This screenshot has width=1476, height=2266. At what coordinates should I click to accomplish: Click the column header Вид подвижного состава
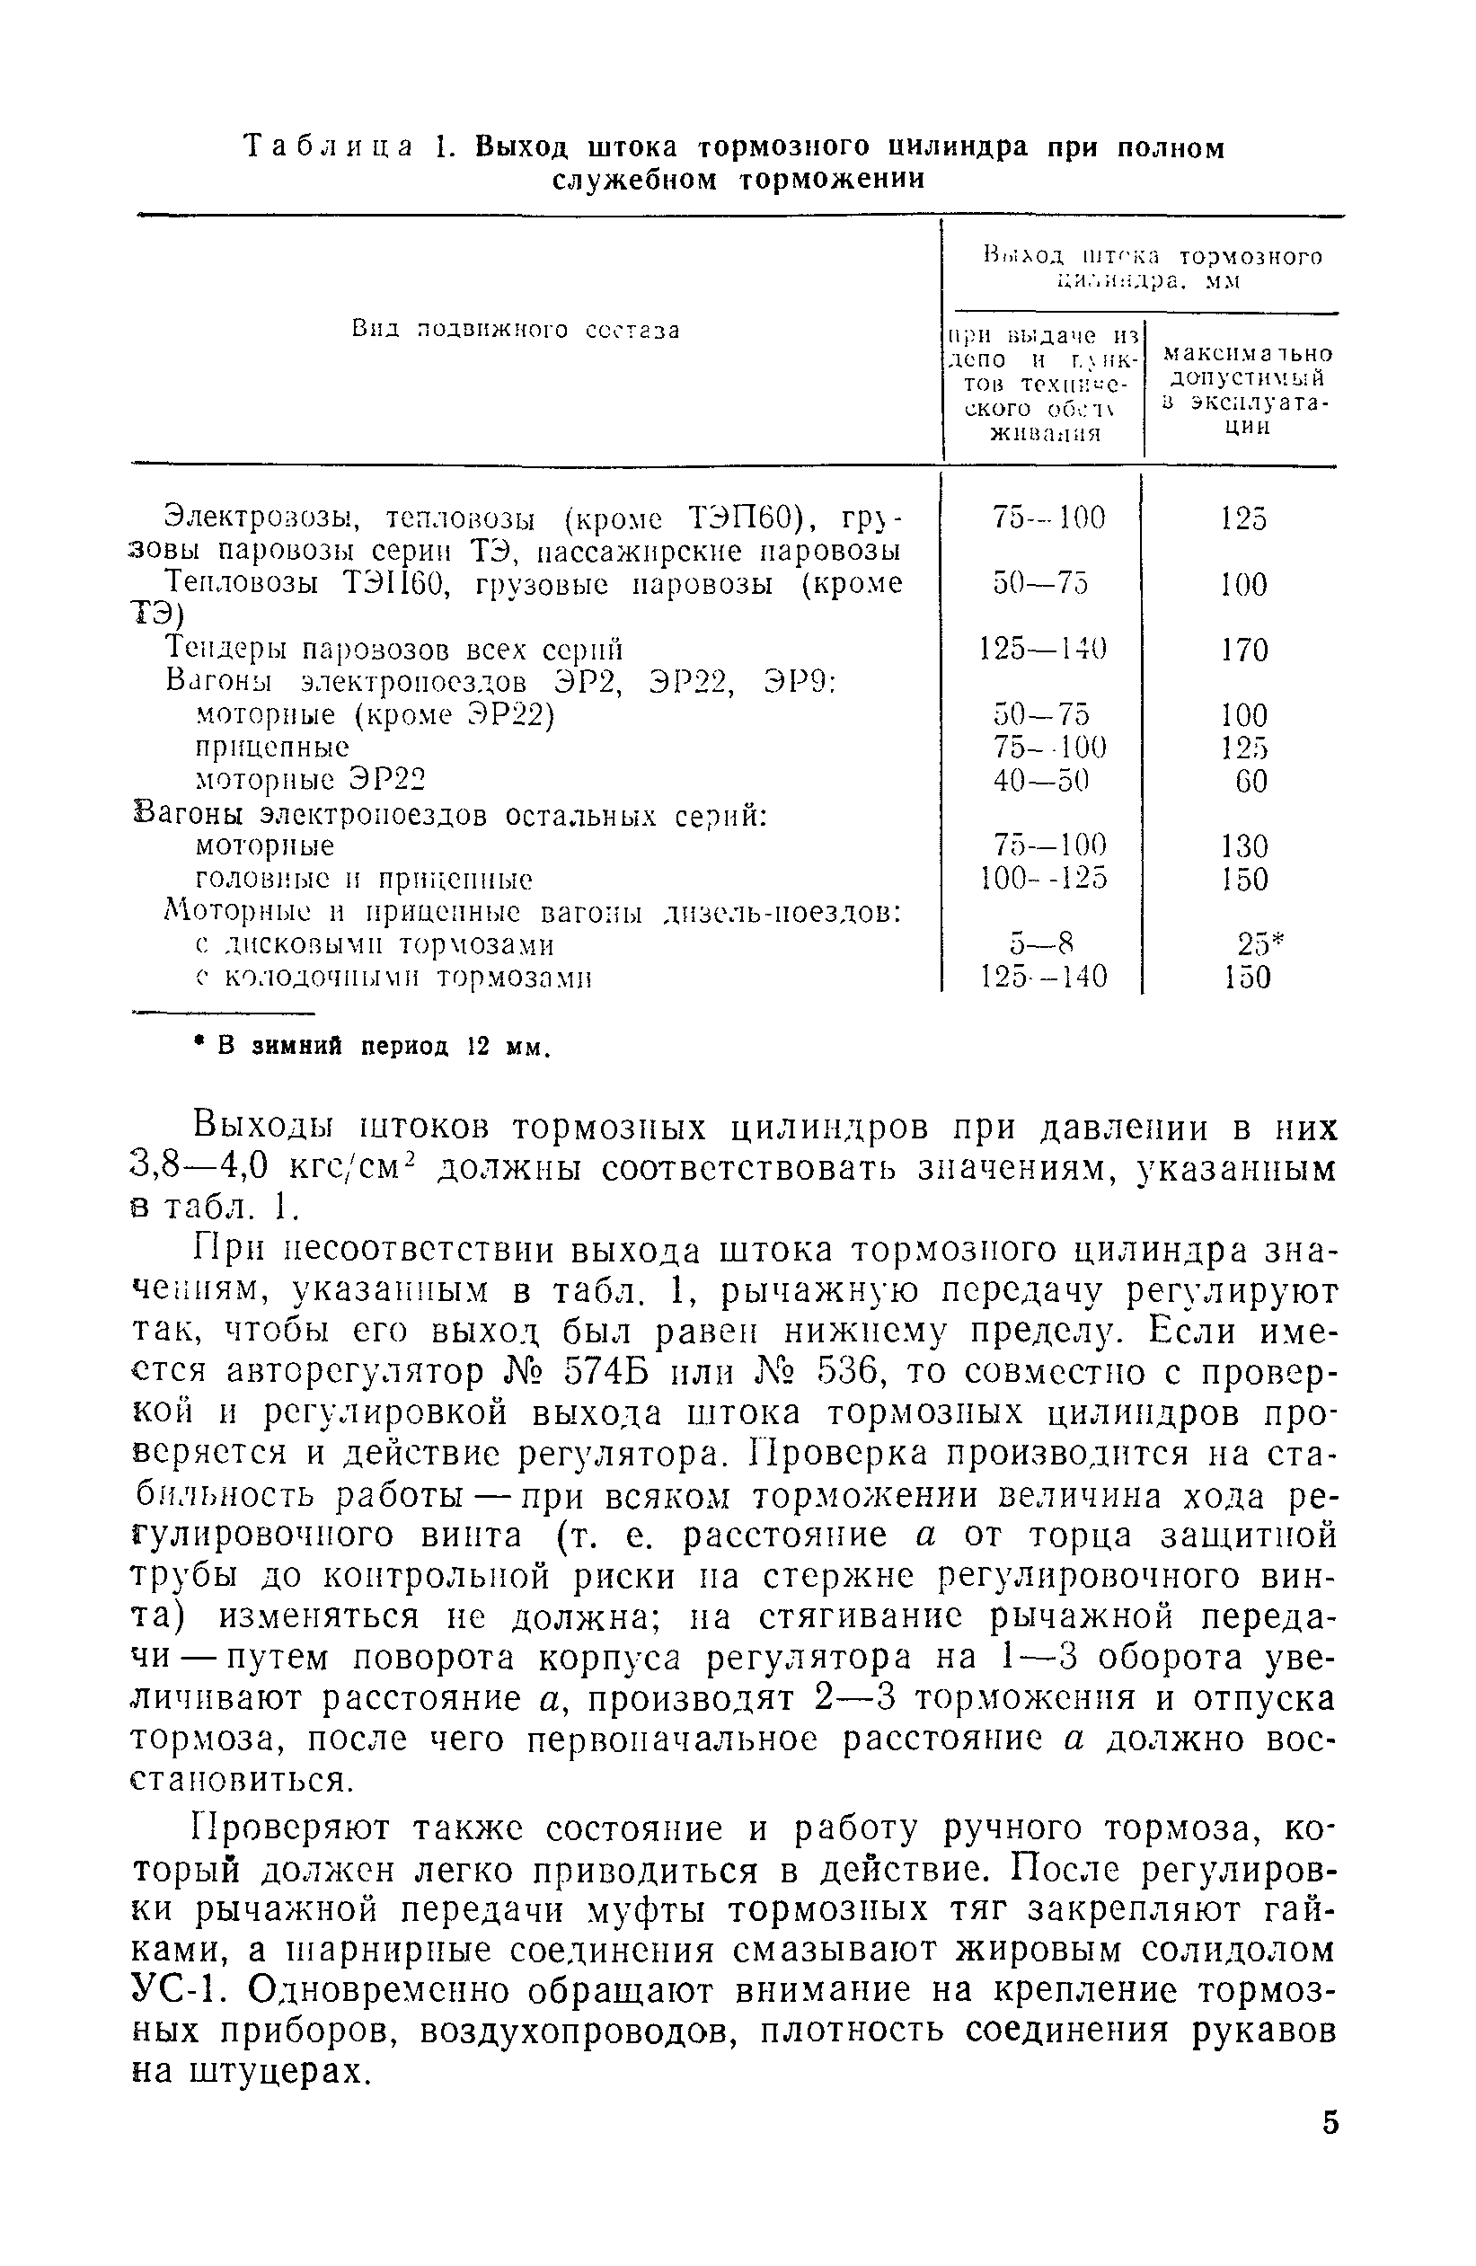[515, 331]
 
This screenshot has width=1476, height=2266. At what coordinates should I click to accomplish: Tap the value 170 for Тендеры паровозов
[1244, 651]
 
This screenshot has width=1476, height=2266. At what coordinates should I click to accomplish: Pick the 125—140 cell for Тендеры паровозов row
[1044, 650]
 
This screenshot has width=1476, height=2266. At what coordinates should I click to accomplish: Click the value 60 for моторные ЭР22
[1251, 781]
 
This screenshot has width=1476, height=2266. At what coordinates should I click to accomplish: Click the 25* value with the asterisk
[1259, 943]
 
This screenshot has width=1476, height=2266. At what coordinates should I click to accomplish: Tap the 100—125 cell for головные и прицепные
[1044, 878]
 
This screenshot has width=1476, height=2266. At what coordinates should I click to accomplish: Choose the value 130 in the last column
[1245, 845]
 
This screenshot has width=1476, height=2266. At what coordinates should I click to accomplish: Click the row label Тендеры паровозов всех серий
[394, 650]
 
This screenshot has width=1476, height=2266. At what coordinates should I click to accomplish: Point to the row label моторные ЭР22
[308, 781]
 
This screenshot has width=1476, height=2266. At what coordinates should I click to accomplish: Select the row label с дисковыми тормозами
[375, 944]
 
